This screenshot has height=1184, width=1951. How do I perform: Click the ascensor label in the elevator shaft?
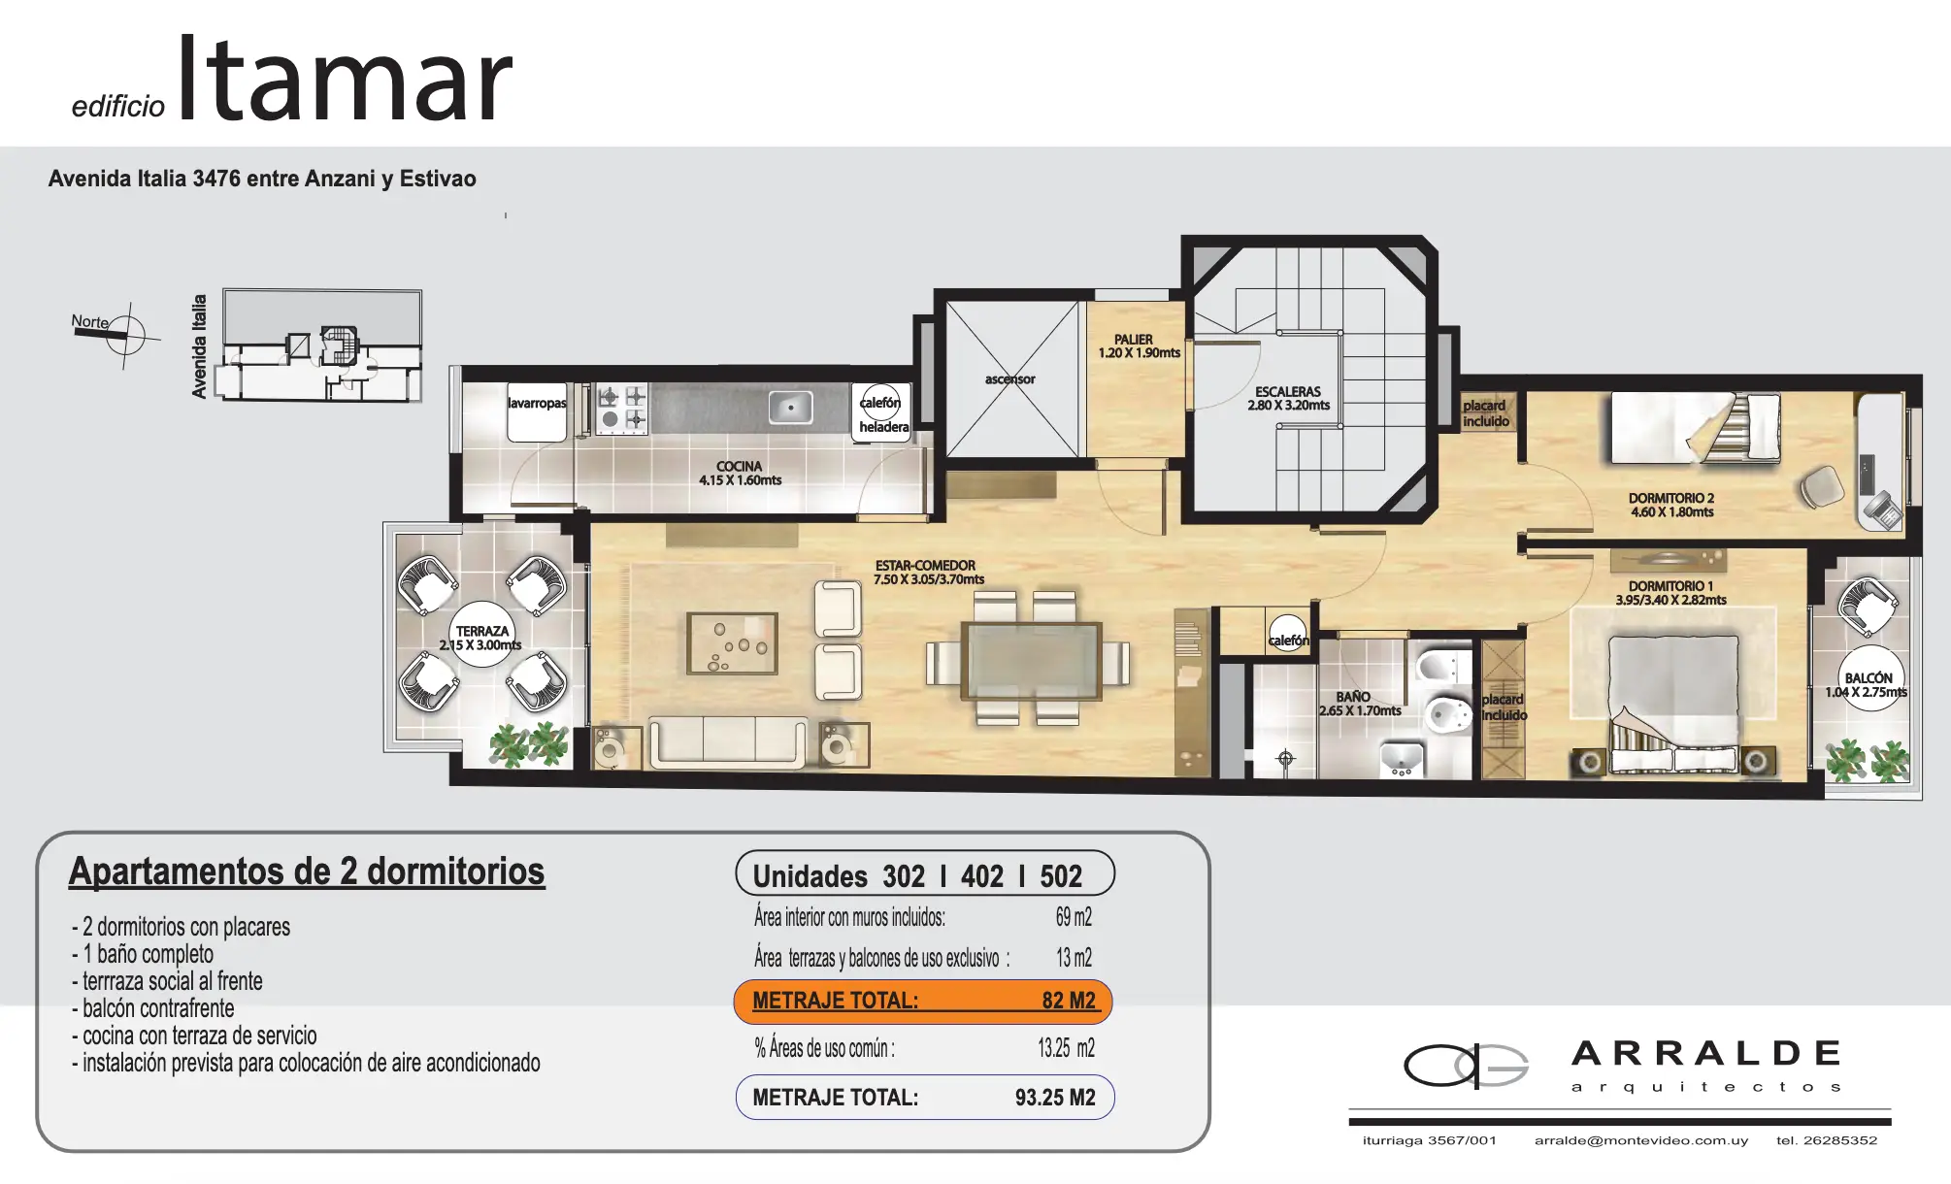point(1009,379)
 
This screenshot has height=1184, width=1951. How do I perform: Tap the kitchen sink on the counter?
point(791,408)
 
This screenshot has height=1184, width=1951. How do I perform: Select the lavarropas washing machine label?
point(537,403)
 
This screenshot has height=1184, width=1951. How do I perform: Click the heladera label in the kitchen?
point(884,427)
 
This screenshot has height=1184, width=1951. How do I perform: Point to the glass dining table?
point(1031,661)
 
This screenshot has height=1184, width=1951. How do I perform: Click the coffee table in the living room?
point(733,643)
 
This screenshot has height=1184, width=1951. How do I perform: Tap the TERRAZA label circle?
point(481,638)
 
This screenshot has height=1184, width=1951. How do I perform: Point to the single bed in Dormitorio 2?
point(1696,427)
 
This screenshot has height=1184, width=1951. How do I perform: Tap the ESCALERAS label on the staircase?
point(1288,391)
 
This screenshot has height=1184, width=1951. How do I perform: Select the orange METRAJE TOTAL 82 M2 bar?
point(923,1002)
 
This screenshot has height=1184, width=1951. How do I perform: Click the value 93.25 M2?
point(1055,1098)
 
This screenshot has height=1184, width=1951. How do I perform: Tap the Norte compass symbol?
point(124,336)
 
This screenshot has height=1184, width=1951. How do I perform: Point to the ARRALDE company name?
point(1705,1053)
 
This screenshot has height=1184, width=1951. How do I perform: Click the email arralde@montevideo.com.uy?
point(1640,1140)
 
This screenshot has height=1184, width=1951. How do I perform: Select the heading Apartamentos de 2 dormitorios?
point(307,872)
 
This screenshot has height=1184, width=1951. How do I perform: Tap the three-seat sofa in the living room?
point(727,742)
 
